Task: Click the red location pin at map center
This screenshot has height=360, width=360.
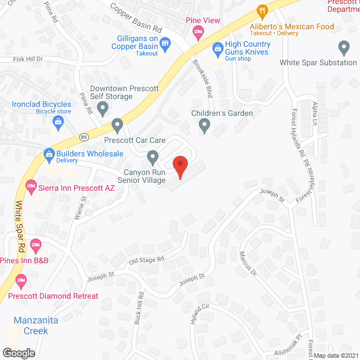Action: click(x=180, y=165)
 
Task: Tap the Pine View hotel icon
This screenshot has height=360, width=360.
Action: click(x=197, y=33)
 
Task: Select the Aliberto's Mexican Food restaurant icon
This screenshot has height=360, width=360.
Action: click(x=262, y=11)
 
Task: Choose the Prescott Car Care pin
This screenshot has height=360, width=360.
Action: click(x=117, y=124)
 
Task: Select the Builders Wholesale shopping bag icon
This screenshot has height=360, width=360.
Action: click(x=49, y=154)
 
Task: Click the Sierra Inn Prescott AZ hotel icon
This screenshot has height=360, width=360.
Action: click(x=30, y=184)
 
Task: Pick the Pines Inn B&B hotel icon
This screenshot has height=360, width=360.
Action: click(x=35, y=244)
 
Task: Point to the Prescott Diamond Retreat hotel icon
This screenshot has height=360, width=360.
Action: click(x=22, y=280)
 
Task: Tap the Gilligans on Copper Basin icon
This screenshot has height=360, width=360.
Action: click(x=165, y=43)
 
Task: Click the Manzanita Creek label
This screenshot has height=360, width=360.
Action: click(x=31, y=326)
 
